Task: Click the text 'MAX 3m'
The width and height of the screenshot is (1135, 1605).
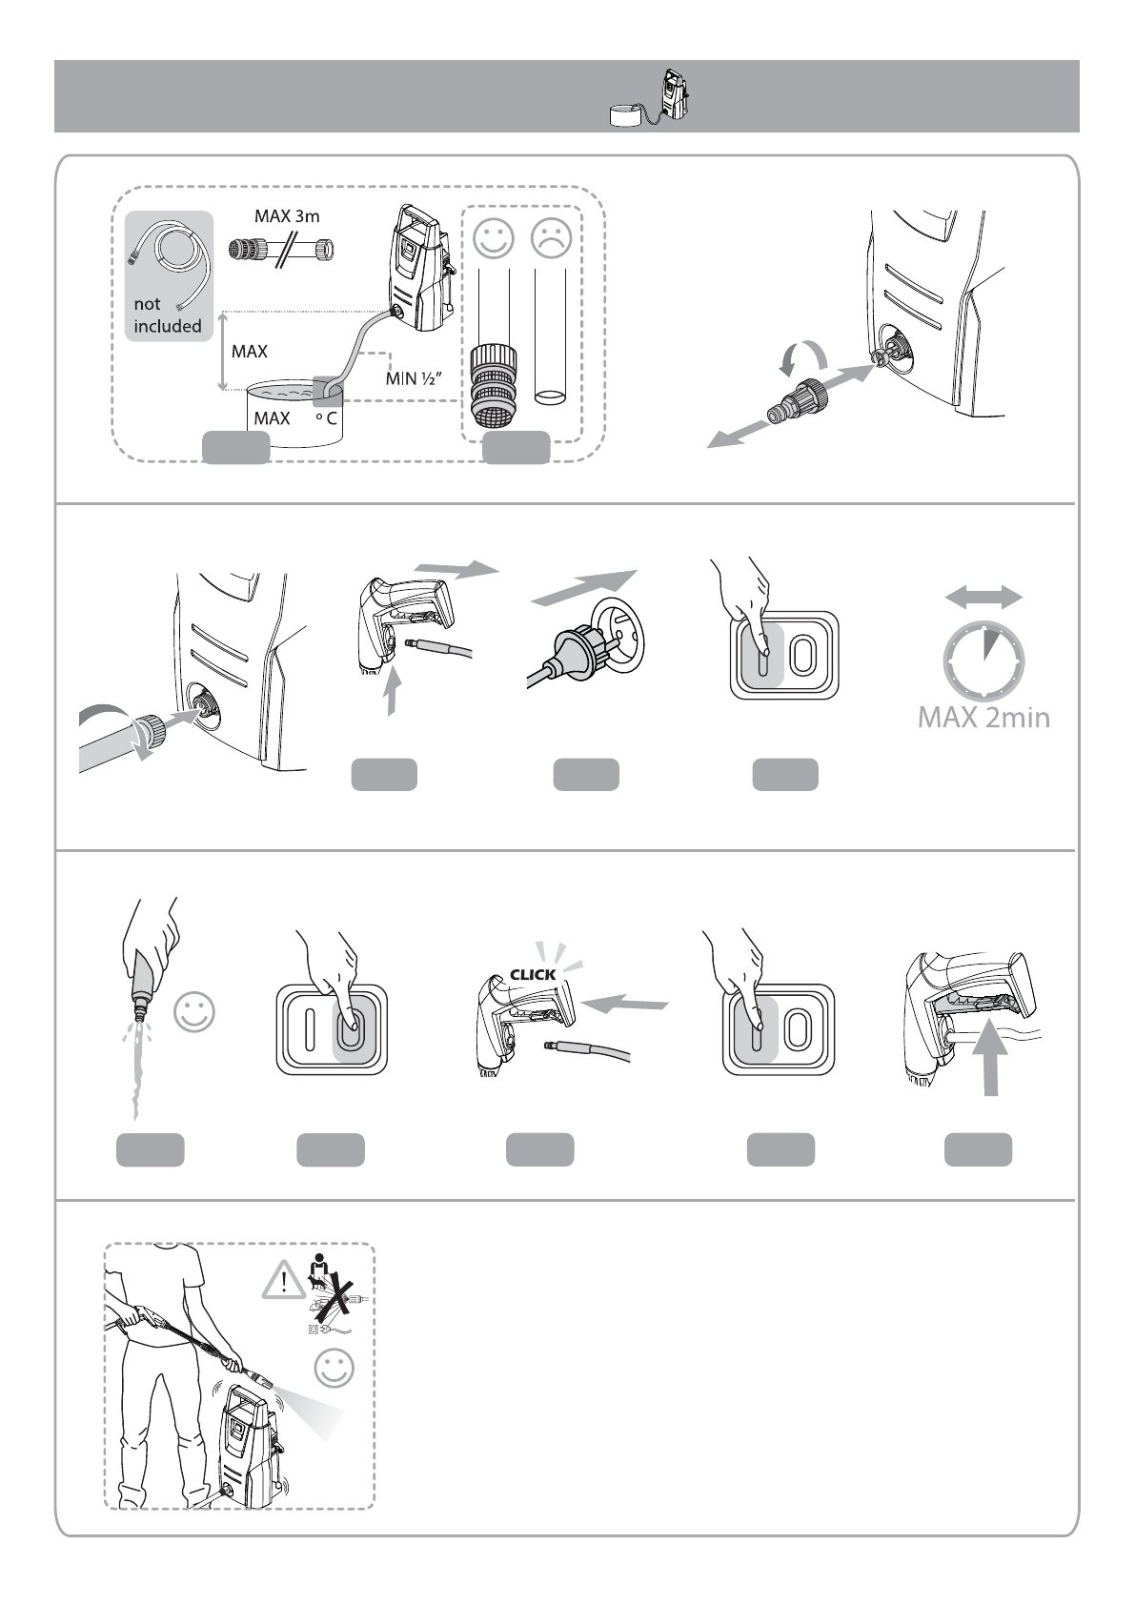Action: coord(287,216)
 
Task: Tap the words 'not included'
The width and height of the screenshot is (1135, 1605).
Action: coord(168,315)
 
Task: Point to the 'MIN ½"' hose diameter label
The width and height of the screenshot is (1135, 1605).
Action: coord(414,377)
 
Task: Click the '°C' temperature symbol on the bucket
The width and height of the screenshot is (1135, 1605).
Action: coord(326,417)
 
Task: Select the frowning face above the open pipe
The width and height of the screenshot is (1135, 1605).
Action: coord(551,238)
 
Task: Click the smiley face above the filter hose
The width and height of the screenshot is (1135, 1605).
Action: coord(494,238)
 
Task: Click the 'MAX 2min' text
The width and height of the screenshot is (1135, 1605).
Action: coord(983,718)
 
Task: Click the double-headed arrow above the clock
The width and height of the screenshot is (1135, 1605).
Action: coord(983,597)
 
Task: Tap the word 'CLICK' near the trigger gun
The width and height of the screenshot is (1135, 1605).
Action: coord(533,974)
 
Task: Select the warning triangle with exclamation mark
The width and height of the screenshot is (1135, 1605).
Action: coord(285,1280)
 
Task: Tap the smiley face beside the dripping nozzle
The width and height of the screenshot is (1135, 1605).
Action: coord(194,1012)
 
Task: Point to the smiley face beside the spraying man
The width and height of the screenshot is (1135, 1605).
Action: coord(334,1368)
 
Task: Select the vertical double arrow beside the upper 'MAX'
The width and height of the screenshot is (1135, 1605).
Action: coord(223,351)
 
